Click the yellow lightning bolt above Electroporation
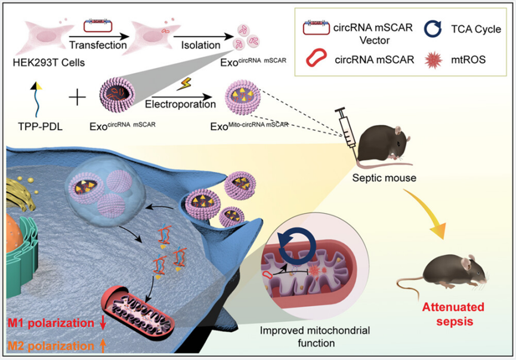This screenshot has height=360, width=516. tap(180, 87)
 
